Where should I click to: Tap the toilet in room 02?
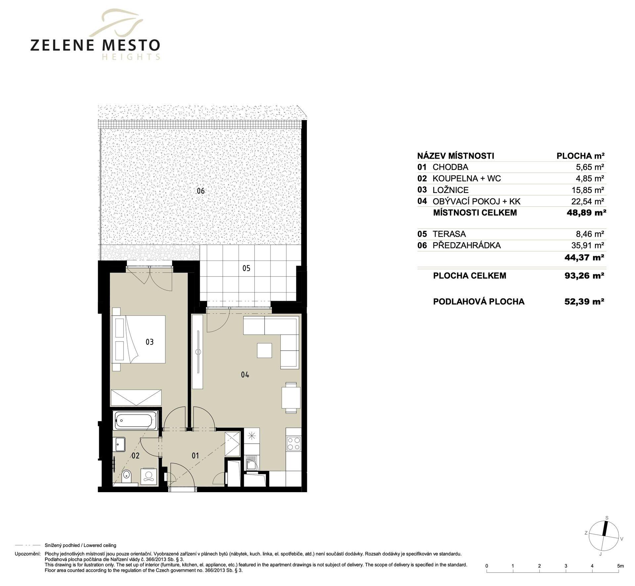click(126, 476)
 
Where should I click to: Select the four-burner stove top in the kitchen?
click(293, 444)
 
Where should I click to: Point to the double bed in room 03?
click(139, 339)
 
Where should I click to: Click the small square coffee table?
click(264, 350)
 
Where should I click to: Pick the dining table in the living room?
click(291, 397)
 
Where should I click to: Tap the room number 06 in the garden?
click(200, 191)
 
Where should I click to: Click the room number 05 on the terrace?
click(246, 268)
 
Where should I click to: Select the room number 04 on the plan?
click(245, 374)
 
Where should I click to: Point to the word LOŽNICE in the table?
click(450, 190)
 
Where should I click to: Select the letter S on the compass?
click(607, 518)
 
